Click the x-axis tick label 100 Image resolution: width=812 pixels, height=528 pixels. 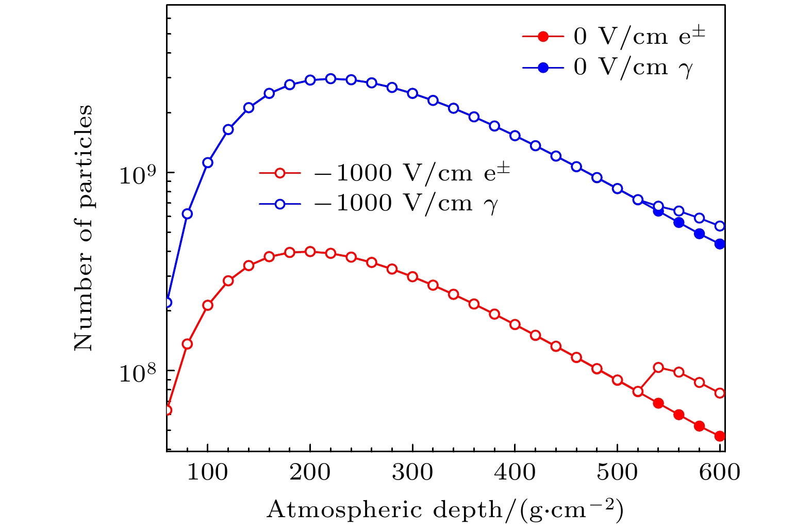pos(207,472)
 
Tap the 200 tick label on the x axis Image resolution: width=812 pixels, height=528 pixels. pos(310,472)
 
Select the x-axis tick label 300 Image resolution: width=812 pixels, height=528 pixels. pos(412,472)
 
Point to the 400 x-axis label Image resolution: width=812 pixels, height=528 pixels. pos(515,472)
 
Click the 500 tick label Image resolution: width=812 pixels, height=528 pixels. pos(618,472)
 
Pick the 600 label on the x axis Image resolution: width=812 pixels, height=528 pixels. pos(720,472)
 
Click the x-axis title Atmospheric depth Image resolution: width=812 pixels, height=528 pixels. pos(445,509)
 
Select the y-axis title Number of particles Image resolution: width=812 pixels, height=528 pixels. pos(84,228)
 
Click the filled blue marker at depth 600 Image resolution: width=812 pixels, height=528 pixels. pos(720,244)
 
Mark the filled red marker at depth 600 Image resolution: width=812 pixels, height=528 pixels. pos(720,436)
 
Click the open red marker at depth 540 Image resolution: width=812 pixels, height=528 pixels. pos(658,368)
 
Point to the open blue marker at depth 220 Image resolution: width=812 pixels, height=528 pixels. pos(330,78)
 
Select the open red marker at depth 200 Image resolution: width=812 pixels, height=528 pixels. pos(310,252)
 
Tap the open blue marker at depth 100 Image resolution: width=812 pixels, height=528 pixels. pos(208,162)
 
